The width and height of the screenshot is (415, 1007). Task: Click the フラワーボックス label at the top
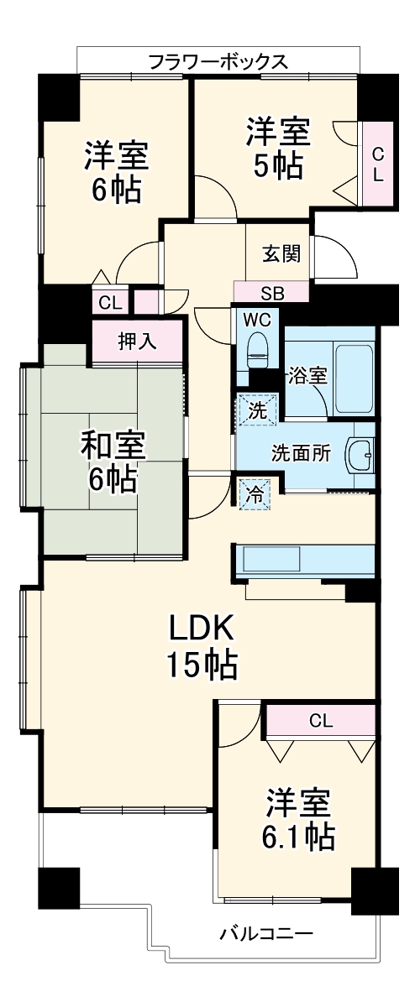click(x=218, y=61)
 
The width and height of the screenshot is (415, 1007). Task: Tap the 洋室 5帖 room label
click(x=278, y=148)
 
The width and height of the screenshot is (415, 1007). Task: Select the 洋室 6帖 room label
click(x=116, y=172)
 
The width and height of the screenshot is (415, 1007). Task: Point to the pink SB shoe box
click(x=271, y=293)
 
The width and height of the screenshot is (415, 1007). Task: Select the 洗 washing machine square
click(x=252, y=410)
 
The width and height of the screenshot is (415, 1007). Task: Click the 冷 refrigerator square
click(x=253, y=494)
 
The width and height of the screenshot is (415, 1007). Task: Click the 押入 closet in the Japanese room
click(x=137, y=342)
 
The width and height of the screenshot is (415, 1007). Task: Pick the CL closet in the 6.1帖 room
click(x=319, y=720)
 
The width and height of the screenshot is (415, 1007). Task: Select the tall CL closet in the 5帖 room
click(x=378, y=164)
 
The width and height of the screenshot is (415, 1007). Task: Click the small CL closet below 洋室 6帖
click(x=109, y=303)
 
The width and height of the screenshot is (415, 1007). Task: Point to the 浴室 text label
click(x=308, y=375)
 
